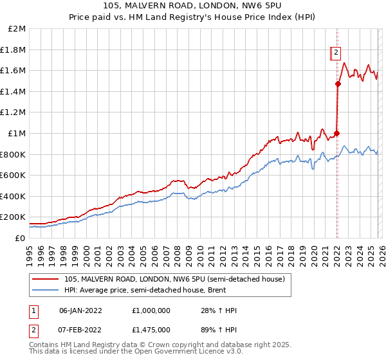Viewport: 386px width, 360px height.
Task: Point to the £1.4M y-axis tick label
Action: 14,91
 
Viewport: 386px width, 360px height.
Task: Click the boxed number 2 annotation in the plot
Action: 336,54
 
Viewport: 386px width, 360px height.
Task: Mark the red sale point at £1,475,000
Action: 338,84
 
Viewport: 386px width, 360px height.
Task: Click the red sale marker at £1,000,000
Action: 337,133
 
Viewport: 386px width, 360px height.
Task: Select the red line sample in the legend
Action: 46,279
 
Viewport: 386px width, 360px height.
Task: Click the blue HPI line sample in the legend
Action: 46,290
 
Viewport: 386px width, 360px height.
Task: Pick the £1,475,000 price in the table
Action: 152,329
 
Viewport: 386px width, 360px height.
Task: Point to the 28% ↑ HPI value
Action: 219,310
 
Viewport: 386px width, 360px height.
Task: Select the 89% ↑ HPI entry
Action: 219,329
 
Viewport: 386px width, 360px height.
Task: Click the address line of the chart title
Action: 193,6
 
